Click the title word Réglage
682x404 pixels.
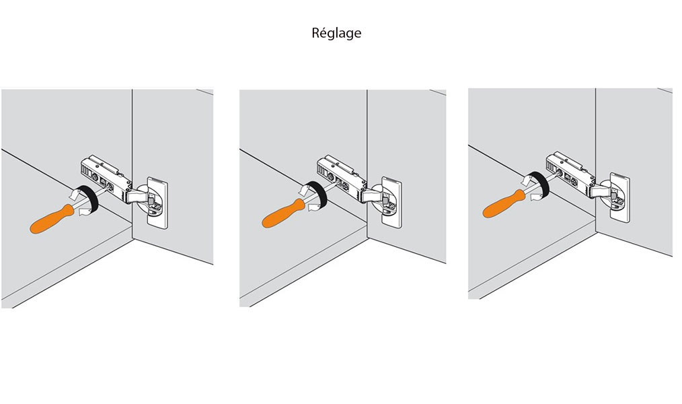point(336,33)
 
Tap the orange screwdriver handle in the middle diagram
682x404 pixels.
point(283,213)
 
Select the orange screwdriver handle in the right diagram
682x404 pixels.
point(505,203)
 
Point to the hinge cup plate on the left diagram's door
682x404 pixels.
point(157,203)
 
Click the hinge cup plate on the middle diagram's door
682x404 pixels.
point(391,202)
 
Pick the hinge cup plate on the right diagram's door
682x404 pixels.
point(620,198)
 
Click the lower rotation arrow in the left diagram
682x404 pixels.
point(85,211)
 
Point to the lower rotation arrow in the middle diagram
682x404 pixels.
point(316,207)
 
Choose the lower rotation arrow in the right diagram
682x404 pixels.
point(538,197)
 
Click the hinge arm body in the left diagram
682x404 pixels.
point(106,176)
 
